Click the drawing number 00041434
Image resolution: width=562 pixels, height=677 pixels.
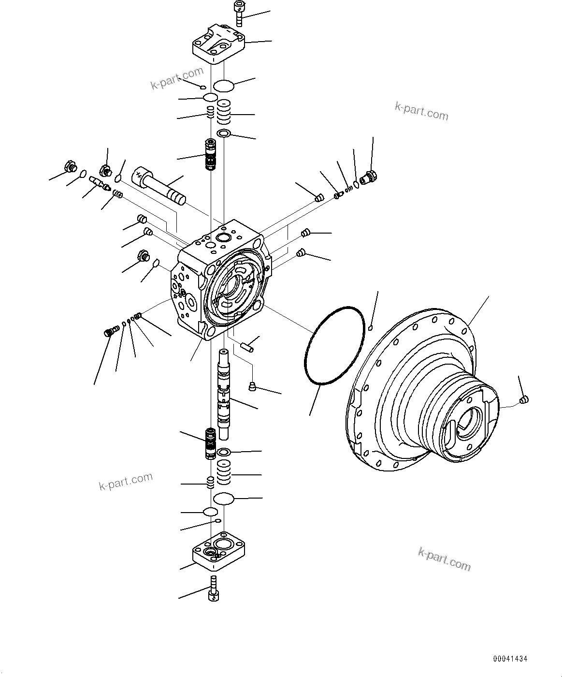[x=510, y=659]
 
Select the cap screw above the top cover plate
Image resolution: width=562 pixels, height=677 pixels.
[x=238, y=13]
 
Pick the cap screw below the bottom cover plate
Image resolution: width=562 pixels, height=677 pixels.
[x=213, y=589]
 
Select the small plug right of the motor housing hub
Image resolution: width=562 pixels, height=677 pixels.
[x=524, y=399]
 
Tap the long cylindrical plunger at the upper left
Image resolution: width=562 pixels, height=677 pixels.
[x=160, y=186]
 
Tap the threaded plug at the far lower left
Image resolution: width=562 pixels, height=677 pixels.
[x=111, y=332]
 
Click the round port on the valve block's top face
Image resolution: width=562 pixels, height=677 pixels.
[x=224, y=237]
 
